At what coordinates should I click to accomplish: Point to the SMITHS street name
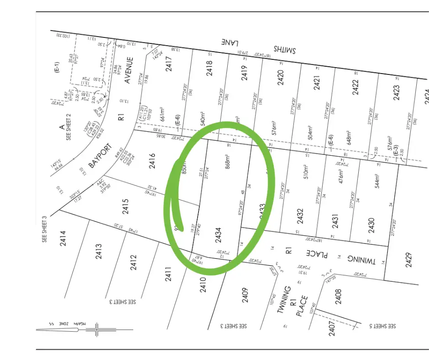(284, 49)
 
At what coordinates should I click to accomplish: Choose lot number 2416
(152, 161)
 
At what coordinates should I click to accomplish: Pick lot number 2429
(408, 259)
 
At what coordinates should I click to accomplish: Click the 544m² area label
(377, 181)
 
